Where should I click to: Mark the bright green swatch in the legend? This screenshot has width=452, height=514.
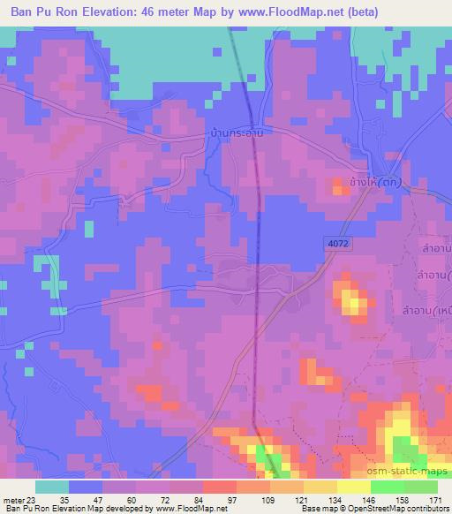(x=388, y=487)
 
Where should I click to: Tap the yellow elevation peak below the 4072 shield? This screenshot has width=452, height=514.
(x=355, y=305)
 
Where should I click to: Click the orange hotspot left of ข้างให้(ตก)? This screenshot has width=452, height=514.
(x=338, y=185)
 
